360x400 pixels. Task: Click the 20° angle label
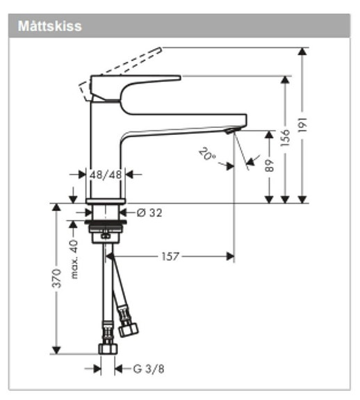coord(206,153)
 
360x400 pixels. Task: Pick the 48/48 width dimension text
coord(106,175)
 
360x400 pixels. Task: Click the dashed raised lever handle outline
coord(122,68)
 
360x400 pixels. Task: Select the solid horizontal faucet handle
coord(139,79)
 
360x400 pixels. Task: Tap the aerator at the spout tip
coord(231,131)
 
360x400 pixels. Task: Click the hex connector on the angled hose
coord(128,327)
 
